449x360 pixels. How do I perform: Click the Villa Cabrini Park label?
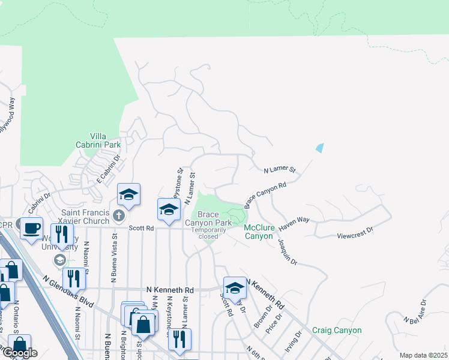pos(98,140)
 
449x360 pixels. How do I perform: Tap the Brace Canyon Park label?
pos(208,218)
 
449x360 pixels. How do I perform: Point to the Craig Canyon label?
pos(337,330)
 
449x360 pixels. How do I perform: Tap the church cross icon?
pos(119,215)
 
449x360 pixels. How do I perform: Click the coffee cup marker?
pos(31,228)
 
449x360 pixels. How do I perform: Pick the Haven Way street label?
pos(294,220)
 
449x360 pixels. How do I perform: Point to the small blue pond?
pos(319,147)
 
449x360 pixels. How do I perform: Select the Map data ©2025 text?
pos(423,355)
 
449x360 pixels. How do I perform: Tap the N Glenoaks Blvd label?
pos(69,290)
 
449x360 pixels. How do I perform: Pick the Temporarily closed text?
pos(208,233)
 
